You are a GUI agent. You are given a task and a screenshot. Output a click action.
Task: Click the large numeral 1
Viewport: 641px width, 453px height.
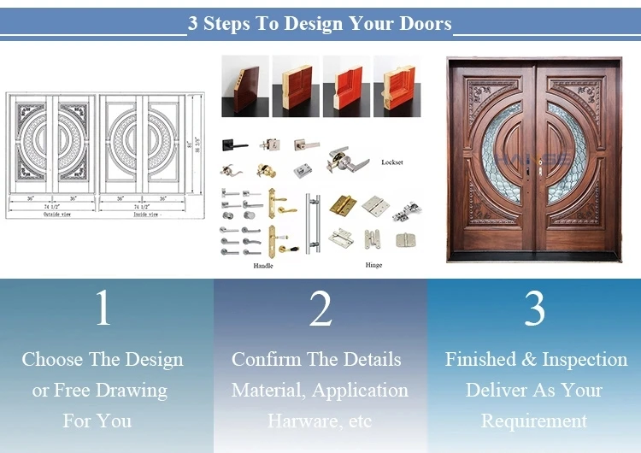coord(103,309)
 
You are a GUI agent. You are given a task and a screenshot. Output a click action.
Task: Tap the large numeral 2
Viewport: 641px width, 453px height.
coord(320,309)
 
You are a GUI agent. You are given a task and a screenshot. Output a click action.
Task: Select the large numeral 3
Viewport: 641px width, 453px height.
coord(534,309)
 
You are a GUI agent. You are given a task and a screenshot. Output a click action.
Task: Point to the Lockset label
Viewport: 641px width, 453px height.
coord(392,162)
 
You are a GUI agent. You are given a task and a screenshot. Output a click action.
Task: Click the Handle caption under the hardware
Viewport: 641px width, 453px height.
coord(263,266)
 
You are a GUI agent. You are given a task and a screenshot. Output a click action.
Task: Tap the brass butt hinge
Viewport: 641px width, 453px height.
coord(344,205)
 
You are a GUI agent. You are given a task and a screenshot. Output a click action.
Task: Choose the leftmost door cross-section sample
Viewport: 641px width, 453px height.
coord(244,85)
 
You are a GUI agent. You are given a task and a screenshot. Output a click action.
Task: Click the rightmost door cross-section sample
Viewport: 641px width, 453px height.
coord(397,85)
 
